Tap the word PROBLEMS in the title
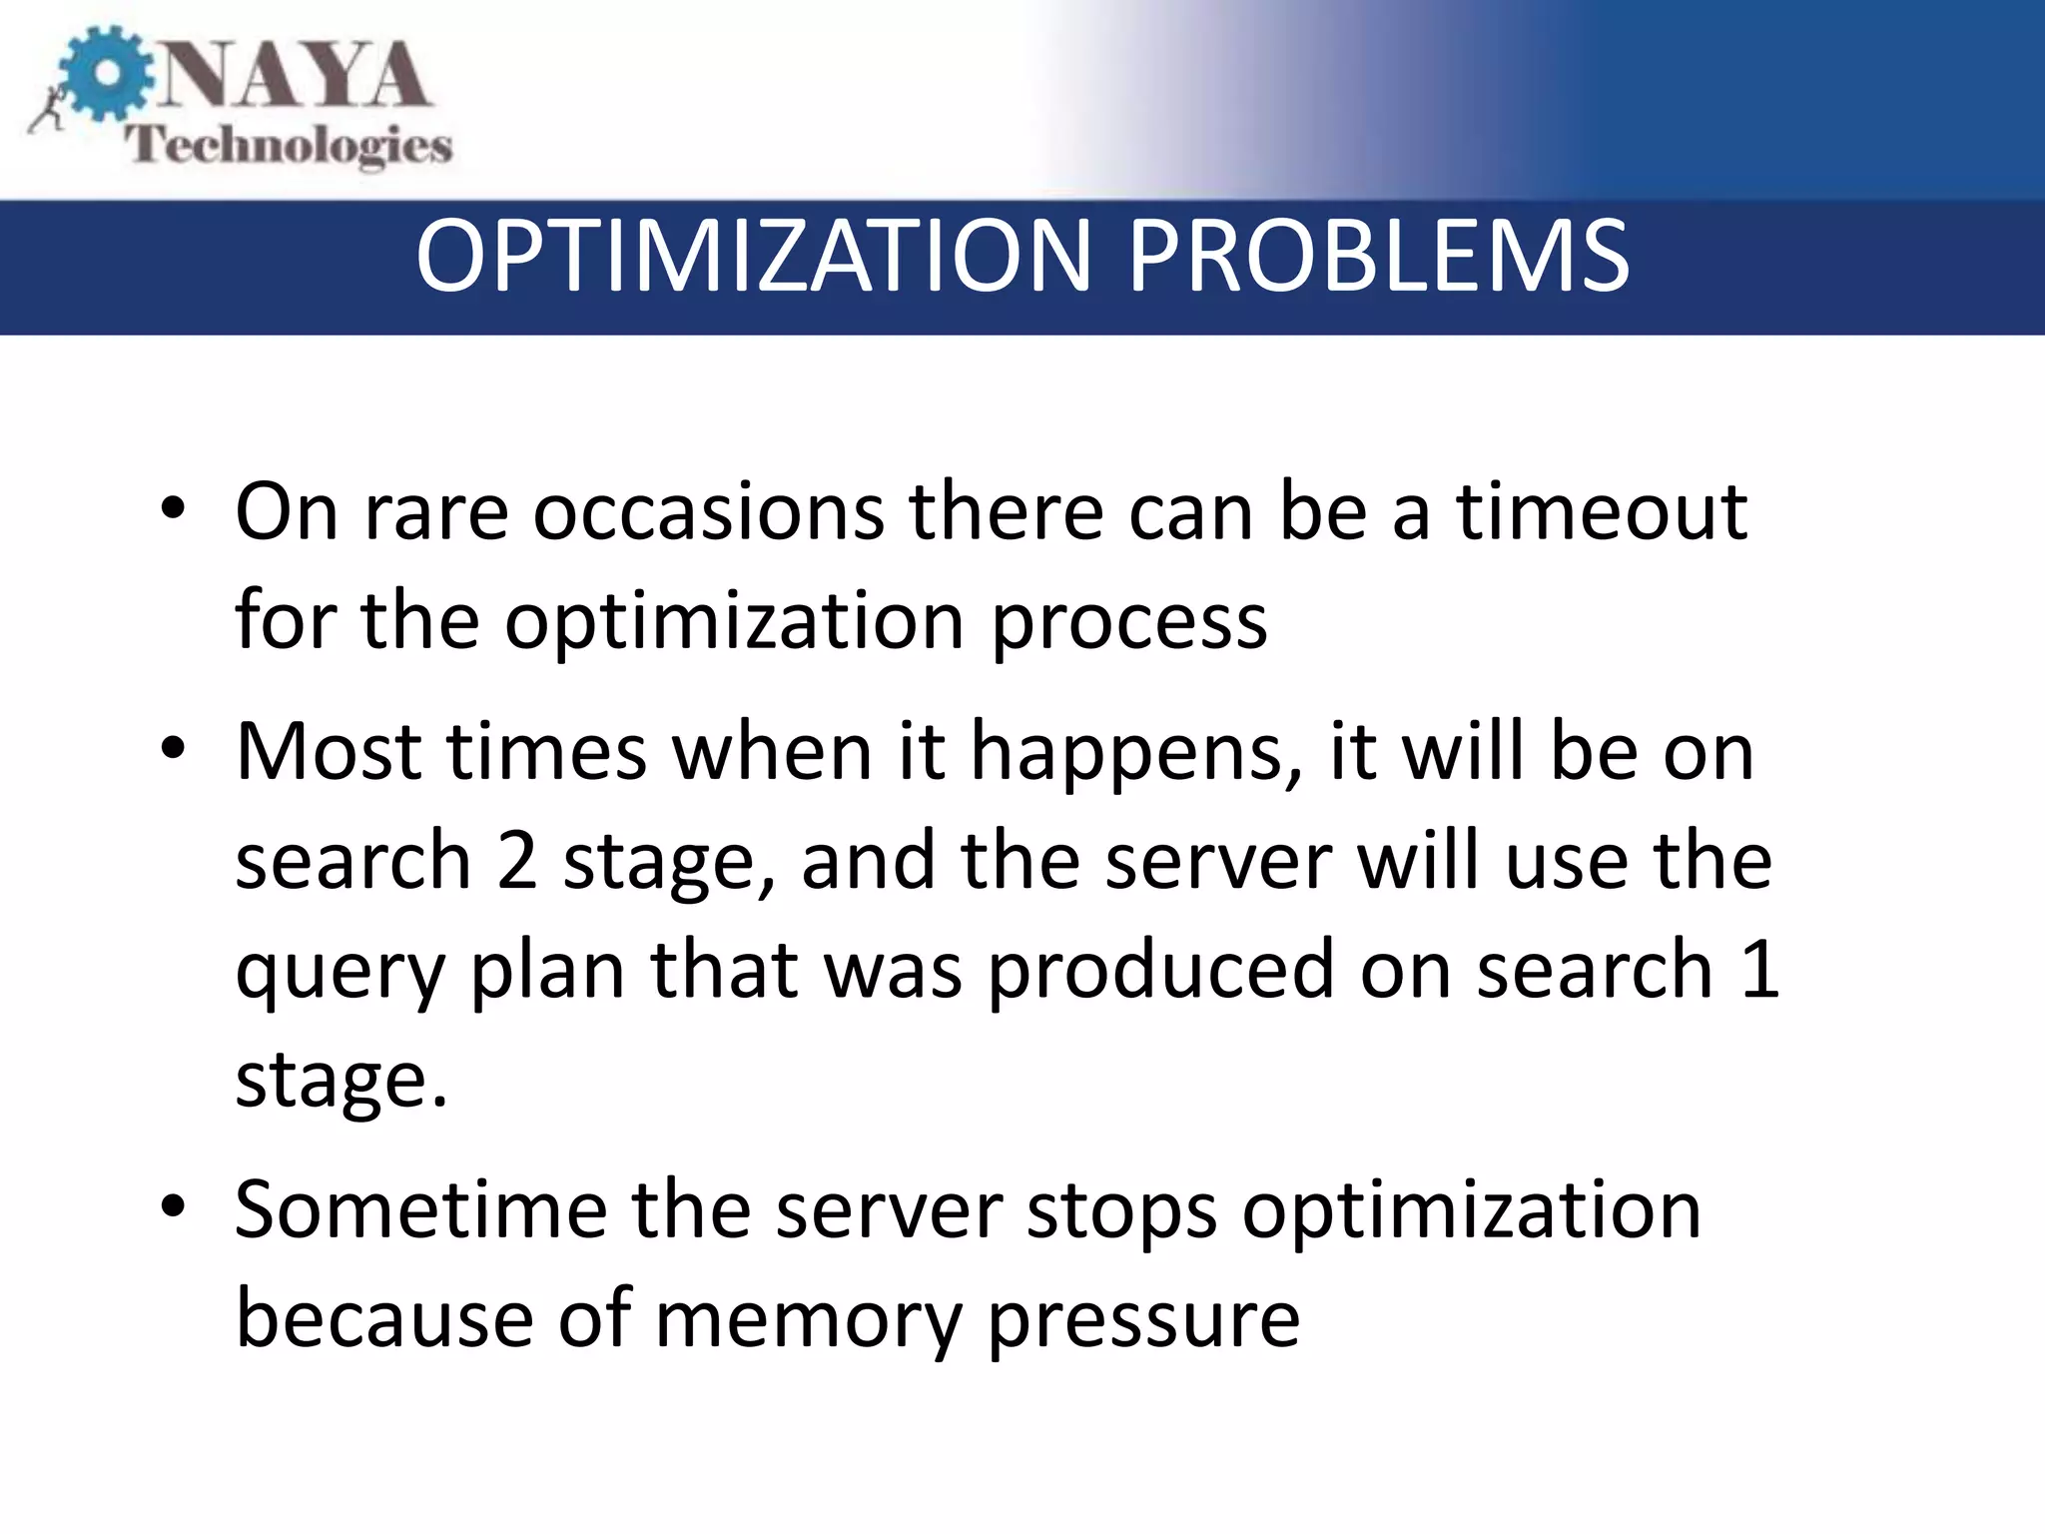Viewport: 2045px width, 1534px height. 1378,257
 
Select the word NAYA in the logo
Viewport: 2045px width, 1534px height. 295,76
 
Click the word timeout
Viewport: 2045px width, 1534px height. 1602,511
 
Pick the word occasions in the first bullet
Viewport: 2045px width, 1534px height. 708,511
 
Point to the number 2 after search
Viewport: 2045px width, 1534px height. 517,860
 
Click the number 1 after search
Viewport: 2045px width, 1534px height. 1758,968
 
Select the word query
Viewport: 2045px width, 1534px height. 340,974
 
